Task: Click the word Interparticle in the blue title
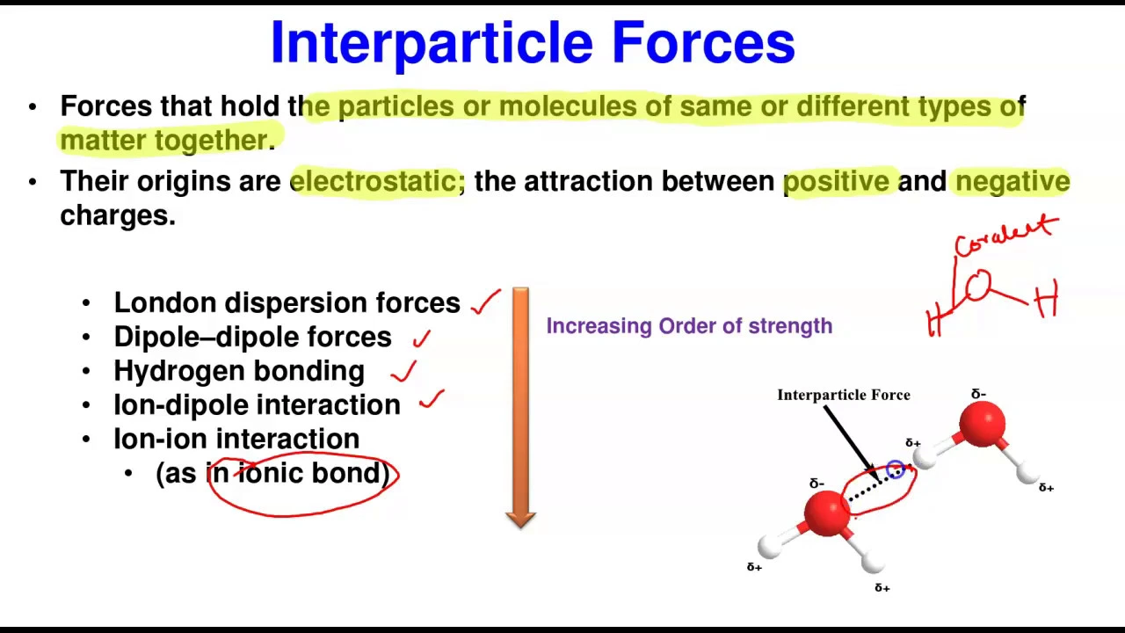(x=432, y=44)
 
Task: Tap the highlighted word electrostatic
(x=378, y=181)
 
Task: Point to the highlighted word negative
(x=1012, y=182)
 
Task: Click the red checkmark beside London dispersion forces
(x=486, y=302)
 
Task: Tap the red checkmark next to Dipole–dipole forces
(x=421, y=338)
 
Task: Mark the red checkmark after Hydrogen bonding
(x=403, y=371)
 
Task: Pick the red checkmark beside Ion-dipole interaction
(x=432, y=399)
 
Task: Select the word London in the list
(x=166, y=303)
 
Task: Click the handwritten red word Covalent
(x=1006, y=235)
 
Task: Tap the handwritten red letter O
(x=978, y=285)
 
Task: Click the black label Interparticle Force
(x=844, y=396)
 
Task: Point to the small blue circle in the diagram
(x=896, y=469)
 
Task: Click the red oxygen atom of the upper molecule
(x=982, y=425)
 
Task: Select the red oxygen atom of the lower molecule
(x=827, y=513)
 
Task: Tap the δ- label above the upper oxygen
(x=978, y=395)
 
